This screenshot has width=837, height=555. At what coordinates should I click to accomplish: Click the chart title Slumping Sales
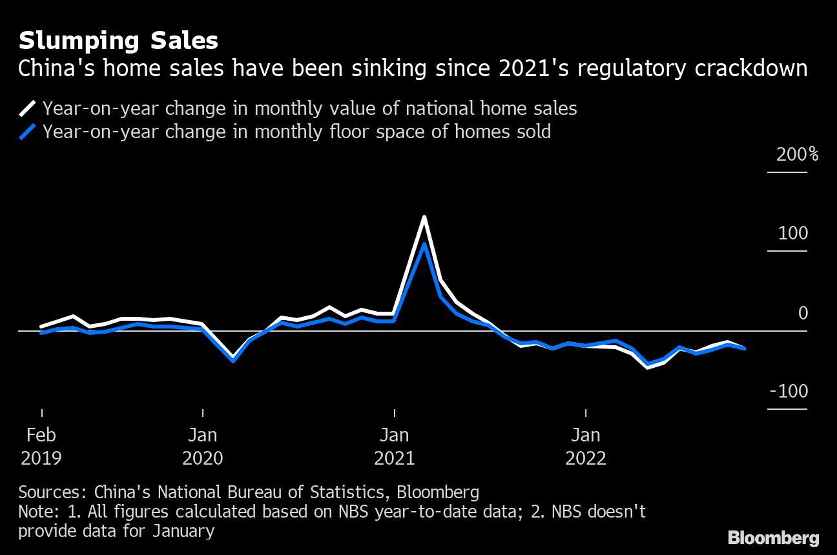pyautogui.click(x=118, y=41)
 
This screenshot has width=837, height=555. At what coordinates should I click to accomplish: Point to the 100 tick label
pyautogui.click(x=793, y=233)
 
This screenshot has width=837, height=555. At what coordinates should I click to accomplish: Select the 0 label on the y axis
pyautogui.click(x=803, y=313)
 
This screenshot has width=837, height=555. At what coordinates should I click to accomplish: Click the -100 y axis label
pyautogui.click(x=789, y=392)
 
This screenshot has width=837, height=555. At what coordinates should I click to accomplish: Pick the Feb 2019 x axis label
pyautogui.click(x=41, y=446)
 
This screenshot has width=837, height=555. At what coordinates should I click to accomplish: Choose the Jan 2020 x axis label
pyautogui.click(x=203, y=446)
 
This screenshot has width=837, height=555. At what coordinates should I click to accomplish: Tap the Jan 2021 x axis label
pyautogui.click(x=394, y=446)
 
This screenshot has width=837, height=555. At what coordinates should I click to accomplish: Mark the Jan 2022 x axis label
pyautogui.click(x=586, y=446)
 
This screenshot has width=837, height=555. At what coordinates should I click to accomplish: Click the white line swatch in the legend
pyautogui.click(x=28, y=108)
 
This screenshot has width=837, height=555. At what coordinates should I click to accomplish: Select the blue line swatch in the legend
pyautogui.click(x=28, y=132)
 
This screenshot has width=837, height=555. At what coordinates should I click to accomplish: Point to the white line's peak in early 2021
pyautogui.click(x=424, y=217)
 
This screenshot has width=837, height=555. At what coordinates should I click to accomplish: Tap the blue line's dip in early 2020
pyautogui.click(x=233, y=361)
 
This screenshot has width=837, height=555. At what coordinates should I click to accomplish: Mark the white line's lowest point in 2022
pyautogui.click(x=648, y=367)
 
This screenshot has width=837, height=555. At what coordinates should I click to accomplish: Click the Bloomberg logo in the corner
pyautogui.click(x=773, y=538)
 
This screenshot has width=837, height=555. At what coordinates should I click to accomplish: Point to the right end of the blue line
pyautogui.click(x=744, y=348)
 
